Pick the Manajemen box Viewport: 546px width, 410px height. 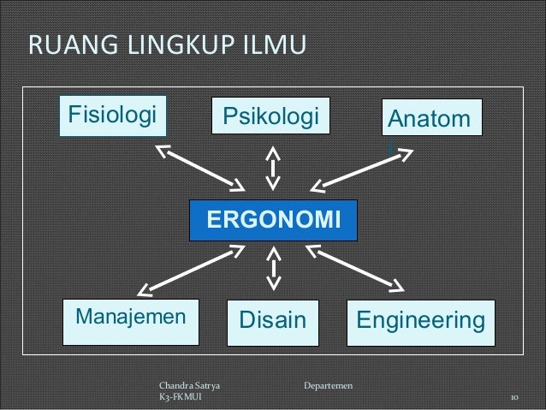[x=131, y=319]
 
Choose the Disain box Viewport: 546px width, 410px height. [x=272, y=321]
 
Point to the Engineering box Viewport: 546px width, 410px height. [x=420, y=321]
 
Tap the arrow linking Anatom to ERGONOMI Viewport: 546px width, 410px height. [x=361, y=169]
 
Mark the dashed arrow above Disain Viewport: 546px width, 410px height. [x=274, y=268]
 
